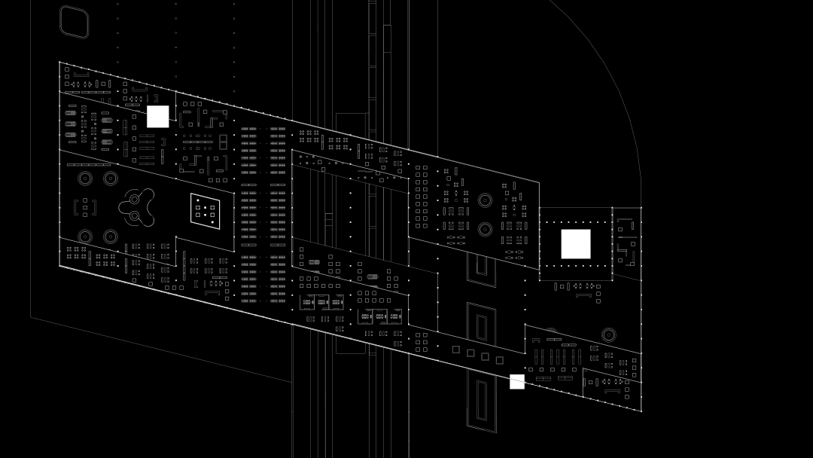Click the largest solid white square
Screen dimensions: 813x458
tap(576, 244)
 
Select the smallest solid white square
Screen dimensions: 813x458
tap(517, 382)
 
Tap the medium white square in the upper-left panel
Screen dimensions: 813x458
tap(158, 117)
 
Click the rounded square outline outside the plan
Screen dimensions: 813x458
tap(74, 22)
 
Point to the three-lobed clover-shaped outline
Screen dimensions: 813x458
tap(136, 207)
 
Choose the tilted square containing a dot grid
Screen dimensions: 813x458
tap(205, 211)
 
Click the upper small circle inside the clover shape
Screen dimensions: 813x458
tap(135, 200)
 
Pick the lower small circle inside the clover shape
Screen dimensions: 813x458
tap(135, 216)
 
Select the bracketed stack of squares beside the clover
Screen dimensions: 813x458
tap(85, 207)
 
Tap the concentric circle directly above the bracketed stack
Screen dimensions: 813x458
tap(85, 179)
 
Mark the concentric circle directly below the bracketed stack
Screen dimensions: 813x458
tap(85, 237)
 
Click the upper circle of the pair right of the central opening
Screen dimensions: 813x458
tap(485, 200)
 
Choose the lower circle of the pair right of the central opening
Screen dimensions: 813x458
tap(485, 229)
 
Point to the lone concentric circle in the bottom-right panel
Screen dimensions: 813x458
tap(608, 334)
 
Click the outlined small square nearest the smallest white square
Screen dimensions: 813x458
tap(499, 360)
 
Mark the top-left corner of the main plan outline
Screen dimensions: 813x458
tap(59, 63)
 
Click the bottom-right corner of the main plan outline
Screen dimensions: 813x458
tap(641, 411)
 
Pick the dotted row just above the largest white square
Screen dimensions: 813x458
tap(576, 222)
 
